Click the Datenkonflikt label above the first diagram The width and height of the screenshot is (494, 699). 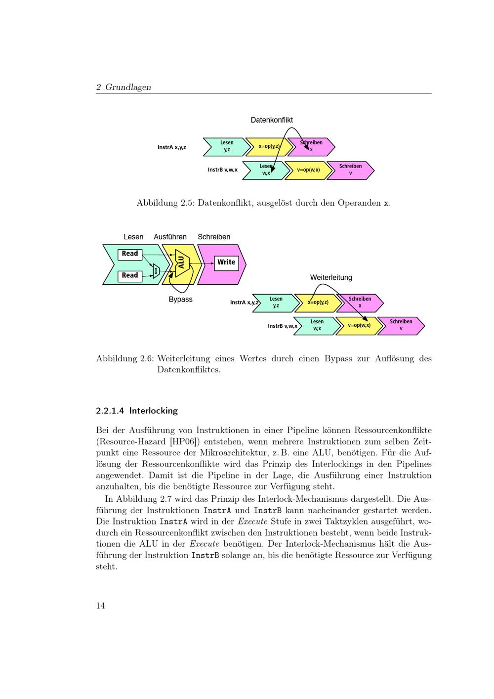(x=272, y=120)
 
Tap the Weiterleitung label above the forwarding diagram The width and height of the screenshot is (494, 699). (x=331, y=278)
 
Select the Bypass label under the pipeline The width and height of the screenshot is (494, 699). (x=180, y=300)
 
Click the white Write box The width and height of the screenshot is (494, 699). (x=226, y=262)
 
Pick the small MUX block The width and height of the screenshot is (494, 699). (x=156, y=270)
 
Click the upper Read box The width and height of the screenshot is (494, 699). (x=130, y=254)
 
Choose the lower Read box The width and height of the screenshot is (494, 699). (x=130, y=275)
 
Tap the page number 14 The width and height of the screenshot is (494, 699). (x=100, y=606)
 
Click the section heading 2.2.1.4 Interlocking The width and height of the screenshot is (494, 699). (x=137, y=411)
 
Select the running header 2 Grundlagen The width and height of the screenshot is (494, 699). (x=123, y=87)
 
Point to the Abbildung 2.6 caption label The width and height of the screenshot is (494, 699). (x=124, y=359)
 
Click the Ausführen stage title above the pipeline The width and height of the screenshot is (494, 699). (x=170, y=237)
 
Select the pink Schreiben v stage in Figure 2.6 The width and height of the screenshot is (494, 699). (x=401, y=325)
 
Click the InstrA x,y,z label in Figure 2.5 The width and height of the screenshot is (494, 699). (x=172, y=147)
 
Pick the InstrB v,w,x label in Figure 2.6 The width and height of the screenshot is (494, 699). (x=282, y=326)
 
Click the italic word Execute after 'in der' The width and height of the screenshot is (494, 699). (x=204, y=544)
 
